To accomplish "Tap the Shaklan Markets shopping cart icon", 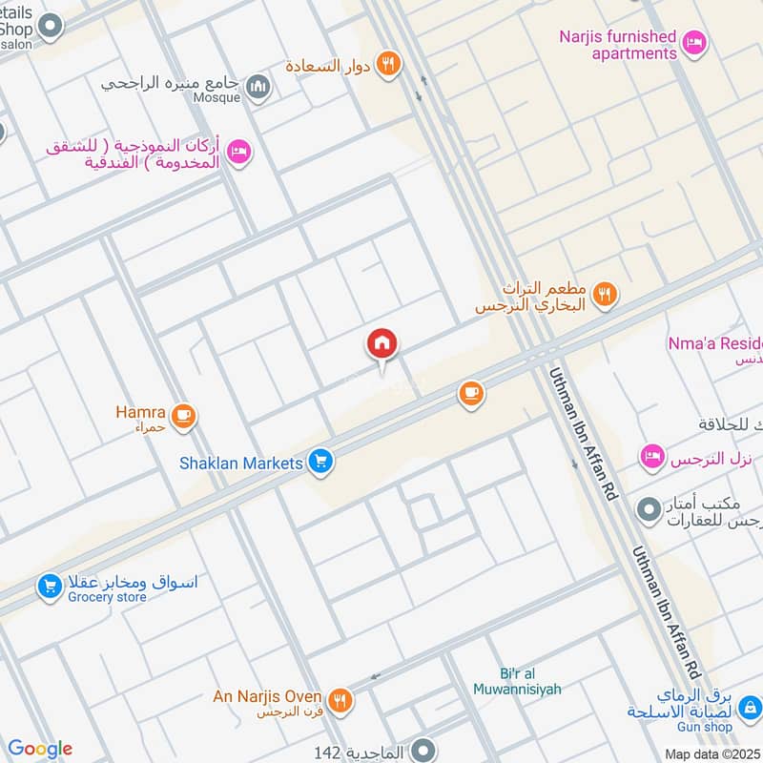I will [320, 463].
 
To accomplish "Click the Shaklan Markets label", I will [240, 464].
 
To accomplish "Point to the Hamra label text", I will [140, 414].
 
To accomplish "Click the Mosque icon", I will [258, 89].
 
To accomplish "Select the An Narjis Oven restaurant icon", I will [340, 699].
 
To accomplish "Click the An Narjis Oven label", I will [267, 697].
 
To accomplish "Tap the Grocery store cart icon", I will [50, 587].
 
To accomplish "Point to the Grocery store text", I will [107, 598].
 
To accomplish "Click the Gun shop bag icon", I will [750, 707].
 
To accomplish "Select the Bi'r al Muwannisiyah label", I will [517, 680].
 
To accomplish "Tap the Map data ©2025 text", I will [711, 754].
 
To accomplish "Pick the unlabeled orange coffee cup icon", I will [470, 393].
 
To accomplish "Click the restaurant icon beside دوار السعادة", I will [388, 64].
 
